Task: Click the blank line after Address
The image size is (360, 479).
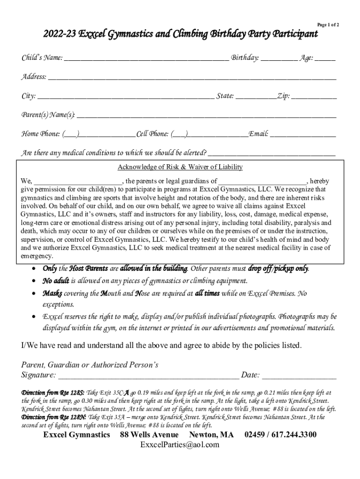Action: (x=192, y=79)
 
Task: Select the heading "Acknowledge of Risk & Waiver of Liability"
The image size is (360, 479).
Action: (x=180, y=167)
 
